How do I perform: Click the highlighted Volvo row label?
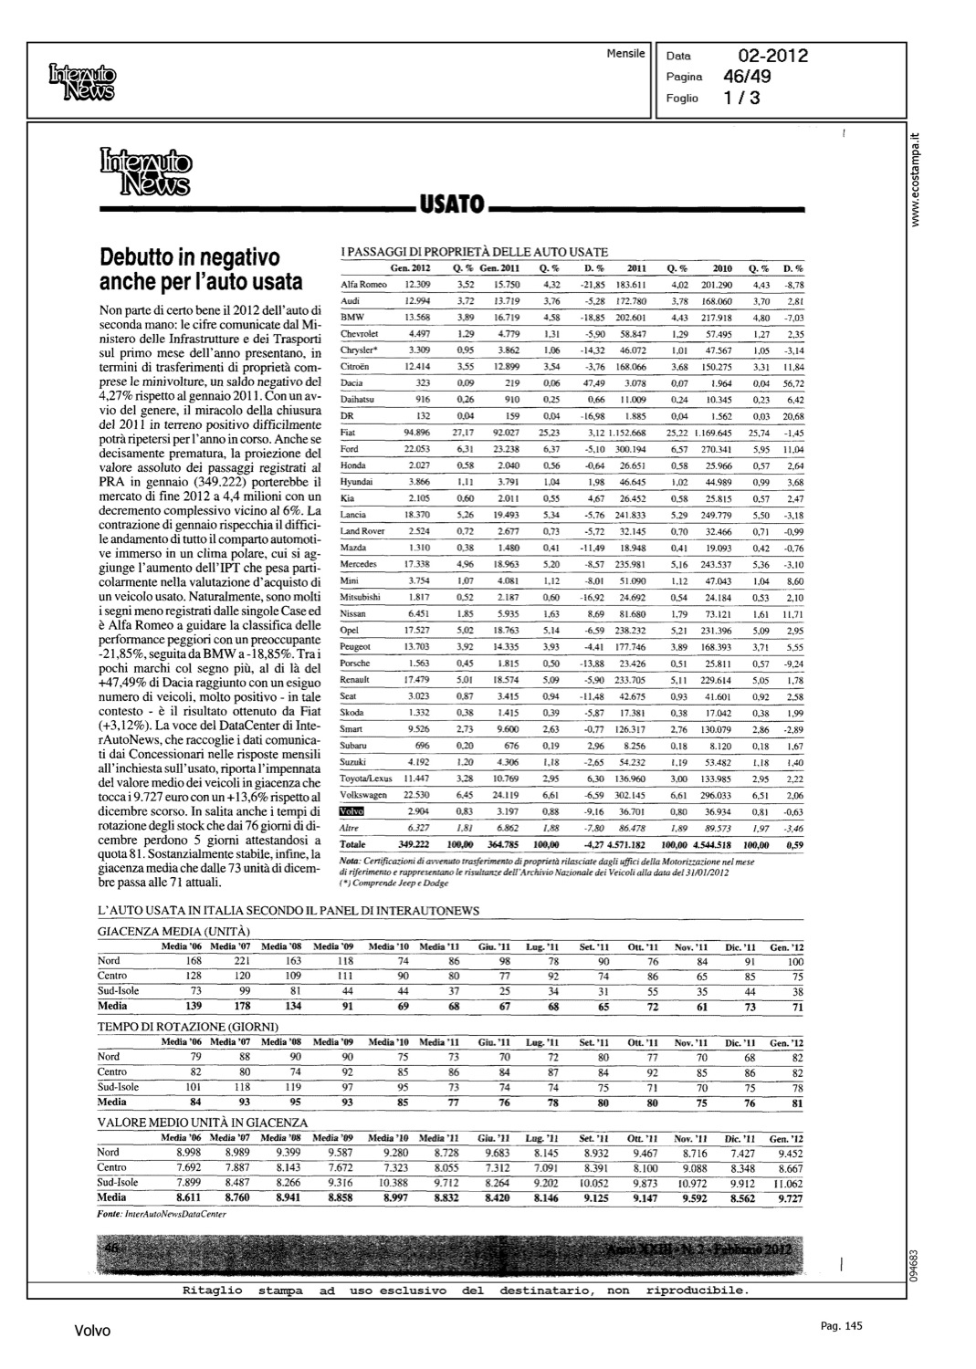click(x=351, y=810)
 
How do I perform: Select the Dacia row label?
click(x=352, y=382)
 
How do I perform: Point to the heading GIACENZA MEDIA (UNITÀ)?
click(x=173, y=931)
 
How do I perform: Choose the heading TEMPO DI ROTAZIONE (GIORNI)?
click(x=188, y=1027)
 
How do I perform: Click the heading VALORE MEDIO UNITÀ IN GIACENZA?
click(x=203, y=1123)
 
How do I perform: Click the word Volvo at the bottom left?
click(x=92, y=1332)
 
